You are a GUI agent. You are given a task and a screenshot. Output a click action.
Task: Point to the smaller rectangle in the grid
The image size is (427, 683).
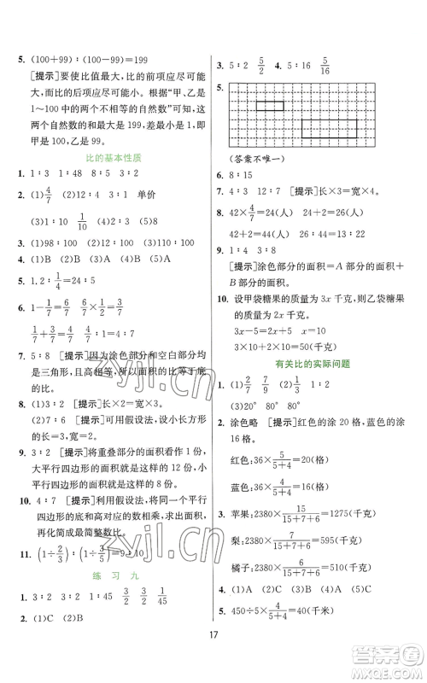pyautogui.click(x=272, y=104)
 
